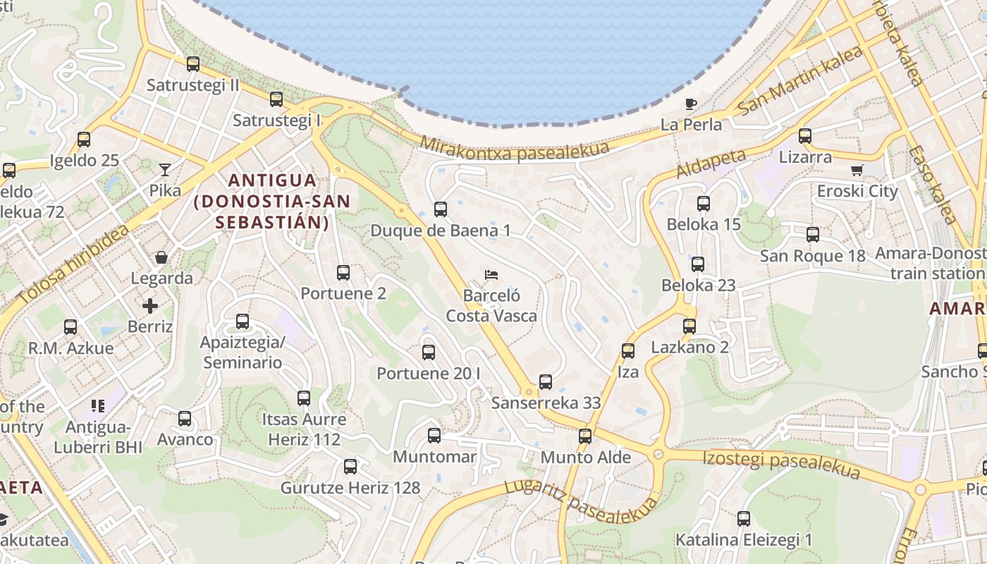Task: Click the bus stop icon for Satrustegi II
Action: [x=193, y=64]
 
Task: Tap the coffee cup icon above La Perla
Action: [x=691, y=104]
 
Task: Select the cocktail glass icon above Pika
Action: [x=164, y=169]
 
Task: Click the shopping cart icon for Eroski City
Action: [x=857, y=170]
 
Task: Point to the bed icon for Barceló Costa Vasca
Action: [x=491, y=274]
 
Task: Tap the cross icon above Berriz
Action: [x=150, y=306]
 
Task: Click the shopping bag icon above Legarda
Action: [x=161, y=257]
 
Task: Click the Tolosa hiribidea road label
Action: [x=74, y=265]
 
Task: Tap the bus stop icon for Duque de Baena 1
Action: [x=441, y=209]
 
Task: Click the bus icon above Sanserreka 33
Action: [x=546, y=382]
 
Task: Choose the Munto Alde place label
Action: [x=585, y=457]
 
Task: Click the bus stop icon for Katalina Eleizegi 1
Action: [x=744, y=519]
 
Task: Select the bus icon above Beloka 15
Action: [x=703, y=204]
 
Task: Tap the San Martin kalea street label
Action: [x=799, y=82]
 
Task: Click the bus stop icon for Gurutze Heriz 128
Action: [x=350, y=467]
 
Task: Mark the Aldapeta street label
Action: [x=710, y=164]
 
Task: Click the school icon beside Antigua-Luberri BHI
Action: [x=98, y=406]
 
